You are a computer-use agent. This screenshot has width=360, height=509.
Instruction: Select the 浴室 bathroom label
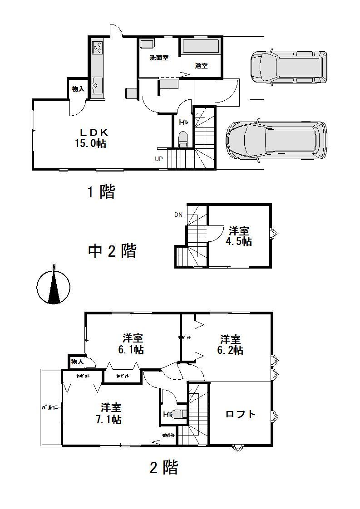(201, 66)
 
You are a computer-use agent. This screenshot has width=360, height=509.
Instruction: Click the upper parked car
(288, 67)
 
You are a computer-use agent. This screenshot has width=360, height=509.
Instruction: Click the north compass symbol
(54, 286)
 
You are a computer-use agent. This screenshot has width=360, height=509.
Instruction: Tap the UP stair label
(158, 159)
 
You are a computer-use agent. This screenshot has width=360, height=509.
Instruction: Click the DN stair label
(178, 215)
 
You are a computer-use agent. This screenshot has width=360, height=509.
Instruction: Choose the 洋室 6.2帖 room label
(231, 345)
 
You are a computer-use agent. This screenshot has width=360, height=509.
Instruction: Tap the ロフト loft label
(241, 414)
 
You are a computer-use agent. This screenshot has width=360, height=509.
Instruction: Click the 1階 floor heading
(101, 192)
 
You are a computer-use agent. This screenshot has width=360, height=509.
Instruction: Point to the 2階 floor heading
(163, 467)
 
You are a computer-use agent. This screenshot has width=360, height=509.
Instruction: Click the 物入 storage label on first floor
(78, 89)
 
